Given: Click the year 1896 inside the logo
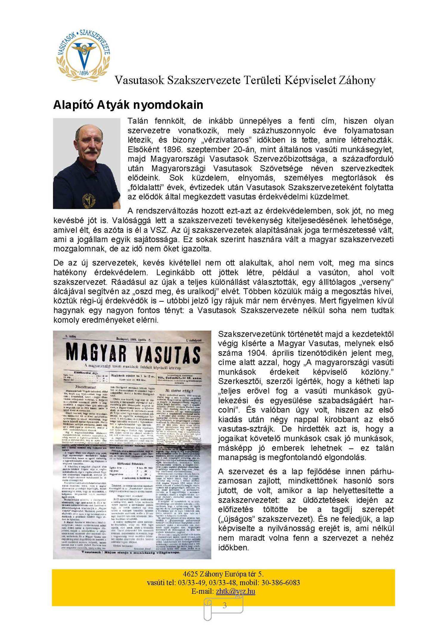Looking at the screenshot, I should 84,72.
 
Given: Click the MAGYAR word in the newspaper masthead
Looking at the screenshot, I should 96,353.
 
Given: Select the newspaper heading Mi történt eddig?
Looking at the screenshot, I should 179,391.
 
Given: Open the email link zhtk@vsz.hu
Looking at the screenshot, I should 235,591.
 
